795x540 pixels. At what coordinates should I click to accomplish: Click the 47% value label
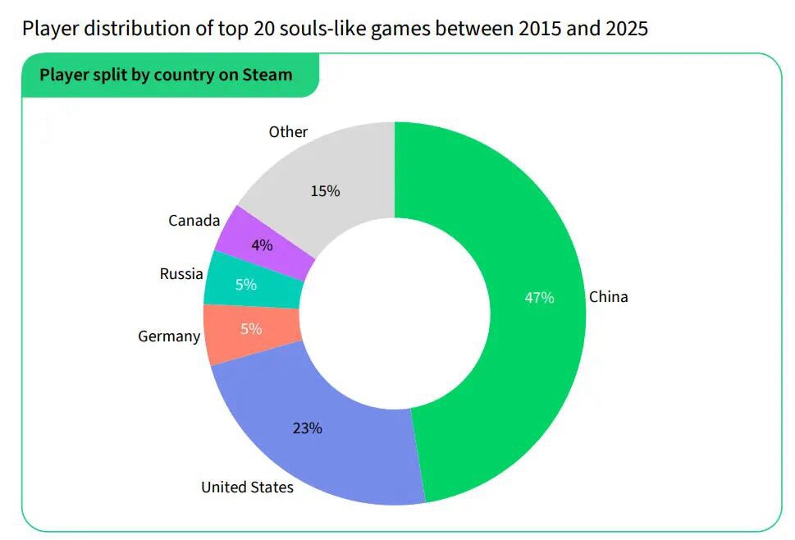point(539,297)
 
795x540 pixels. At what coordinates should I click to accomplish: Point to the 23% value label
point(308,428)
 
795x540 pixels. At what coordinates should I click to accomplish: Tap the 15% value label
point(325,191)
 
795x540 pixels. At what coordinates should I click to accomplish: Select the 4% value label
point(263,245)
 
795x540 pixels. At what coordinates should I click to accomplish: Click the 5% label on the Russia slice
point(246,285)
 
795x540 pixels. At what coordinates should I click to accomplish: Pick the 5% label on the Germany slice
point(251,329)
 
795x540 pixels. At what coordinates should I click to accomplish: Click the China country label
point(608,297)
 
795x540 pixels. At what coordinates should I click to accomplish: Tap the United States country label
point(247,487)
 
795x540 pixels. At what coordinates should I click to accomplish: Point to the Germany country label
point(169,336)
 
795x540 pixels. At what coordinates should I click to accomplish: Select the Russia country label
point(181,274)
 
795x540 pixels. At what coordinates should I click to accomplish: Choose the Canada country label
point(194,221)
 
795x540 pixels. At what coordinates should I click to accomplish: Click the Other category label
point(288,132)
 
